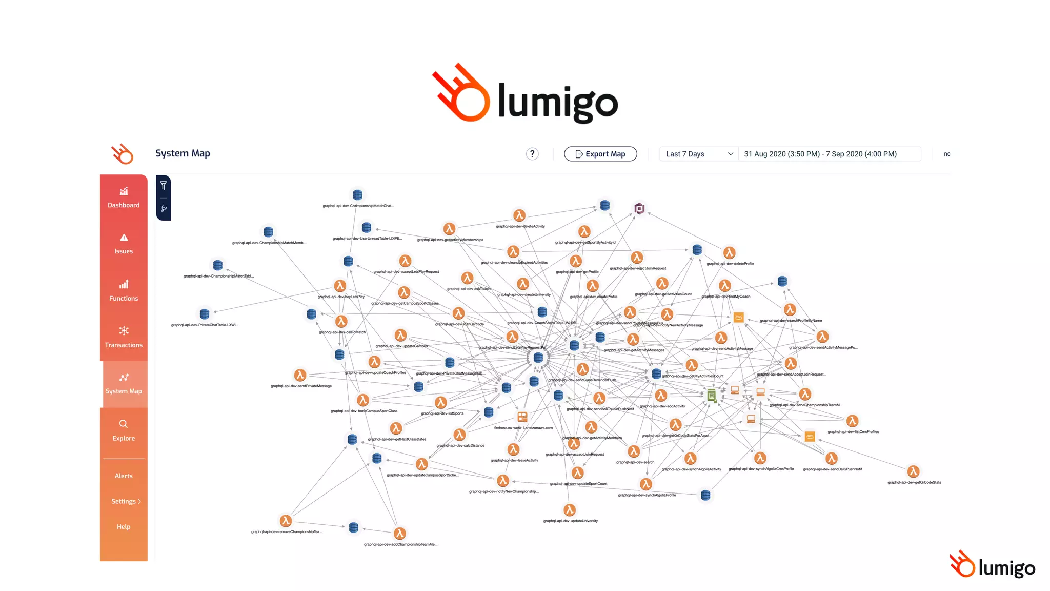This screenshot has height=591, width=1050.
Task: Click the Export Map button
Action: click(x=600, y=154)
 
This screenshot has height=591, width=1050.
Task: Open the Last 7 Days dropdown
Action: click(x=699, y=154)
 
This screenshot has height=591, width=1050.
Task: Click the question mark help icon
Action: click(x=532, y=154)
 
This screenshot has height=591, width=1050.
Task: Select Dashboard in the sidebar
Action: click(x=124, y=198)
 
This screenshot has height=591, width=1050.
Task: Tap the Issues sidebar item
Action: click(x=124, y=244)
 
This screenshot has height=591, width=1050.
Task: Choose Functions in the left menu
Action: click(x=124, y=291)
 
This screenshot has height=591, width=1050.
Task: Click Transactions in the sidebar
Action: click(x=124, y=338)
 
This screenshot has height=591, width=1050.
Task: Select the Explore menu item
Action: click(x=124, y=431)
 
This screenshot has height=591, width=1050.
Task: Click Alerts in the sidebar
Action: click(x=124, y=476)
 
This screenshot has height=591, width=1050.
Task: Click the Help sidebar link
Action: click(x=124, y=527)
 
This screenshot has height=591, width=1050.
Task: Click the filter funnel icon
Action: click(x=164, y=185)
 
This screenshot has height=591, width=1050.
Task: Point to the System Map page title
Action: click(x=183, y=153)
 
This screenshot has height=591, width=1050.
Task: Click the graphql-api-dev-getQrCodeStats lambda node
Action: click(x=913, y=471)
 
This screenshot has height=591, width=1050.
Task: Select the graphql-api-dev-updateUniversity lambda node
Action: click(x=570, y=510)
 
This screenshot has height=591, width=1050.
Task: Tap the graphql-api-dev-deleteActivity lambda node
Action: click(x=519, y=215)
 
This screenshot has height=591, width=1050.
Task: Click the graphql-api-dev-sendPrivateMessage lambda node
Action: click(x=300, y=375)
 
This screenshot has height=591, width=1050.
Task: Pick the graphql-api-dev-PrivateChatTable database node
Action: click(x=205, y=313)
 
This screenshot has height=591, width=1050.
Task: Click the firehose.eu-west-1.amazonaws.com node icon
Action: click(x=522, y=417)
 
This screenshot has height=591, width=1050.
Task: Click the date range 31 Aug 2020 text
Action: click(x=820, y=154)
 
